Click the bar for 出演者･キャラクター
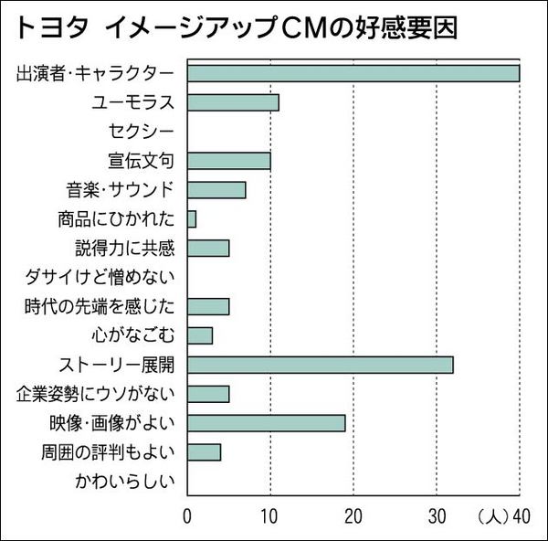(x=353, y=73)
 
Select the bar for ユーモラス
(x=233, y=102)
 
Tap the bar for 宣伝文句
(x=228, y=161)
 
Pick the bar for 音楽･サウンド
(x=216, y=190)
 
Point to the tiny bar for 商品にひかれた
(x=192, y=219)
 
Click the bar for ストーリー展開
(x=320, y=365)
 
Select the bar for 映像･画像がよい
(x=266, y=423)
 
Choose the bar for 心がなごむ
(x=200, y=335)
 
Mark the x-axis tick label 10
(x=270, y=514)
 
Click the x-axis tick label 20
(x=353, y=514)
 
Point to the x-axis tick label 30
(x=437, y=514)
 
